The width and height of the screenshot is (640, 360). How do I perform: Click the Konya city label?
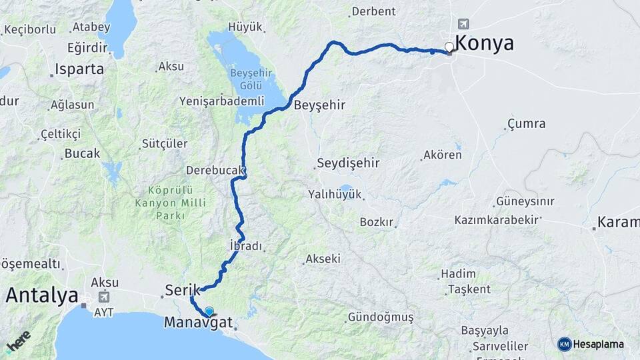pyautogui.click(x=484, y=43)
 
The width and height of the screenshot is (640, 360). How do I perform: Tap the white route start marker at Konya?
pyautogui.click(x=450, y=47)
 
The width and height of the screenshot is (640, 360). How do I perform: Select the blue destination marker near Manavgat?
pyautogui.click(x=209, y=311)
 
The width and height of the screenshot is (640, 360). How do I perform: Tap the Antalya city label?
pyautogui.click(x=42, y=295)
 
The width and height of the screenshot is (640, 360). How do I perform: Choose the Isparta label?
pyautogui.click(x=79, y=69)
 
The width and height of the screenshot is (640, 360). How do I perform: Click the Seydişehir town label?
pyautogui.click(x=348, y=163)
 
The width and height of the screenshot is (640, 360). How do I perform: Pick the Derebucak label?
pyautogui.click(x=215, y=170)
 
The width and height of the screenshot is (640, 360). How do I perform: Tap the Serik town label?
pyautogui.click(x=183, y=290)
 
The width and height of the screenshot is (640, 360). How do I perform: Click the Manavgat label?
pyautogui.click(x=198, y=323)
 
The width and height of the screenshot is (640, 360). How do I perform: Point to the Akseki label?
pyautogui.click(x=323, y=259)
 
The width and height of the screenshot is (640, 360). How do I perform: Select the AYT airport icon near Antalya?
pyautogui.click(x=103, y=297)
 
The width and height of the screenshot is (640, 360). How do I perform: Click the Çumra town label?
pyautogui.click(x=526, y=123)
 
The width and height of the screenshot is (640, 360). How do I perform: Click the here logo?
pyautogui.click(x=18, y=342)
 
